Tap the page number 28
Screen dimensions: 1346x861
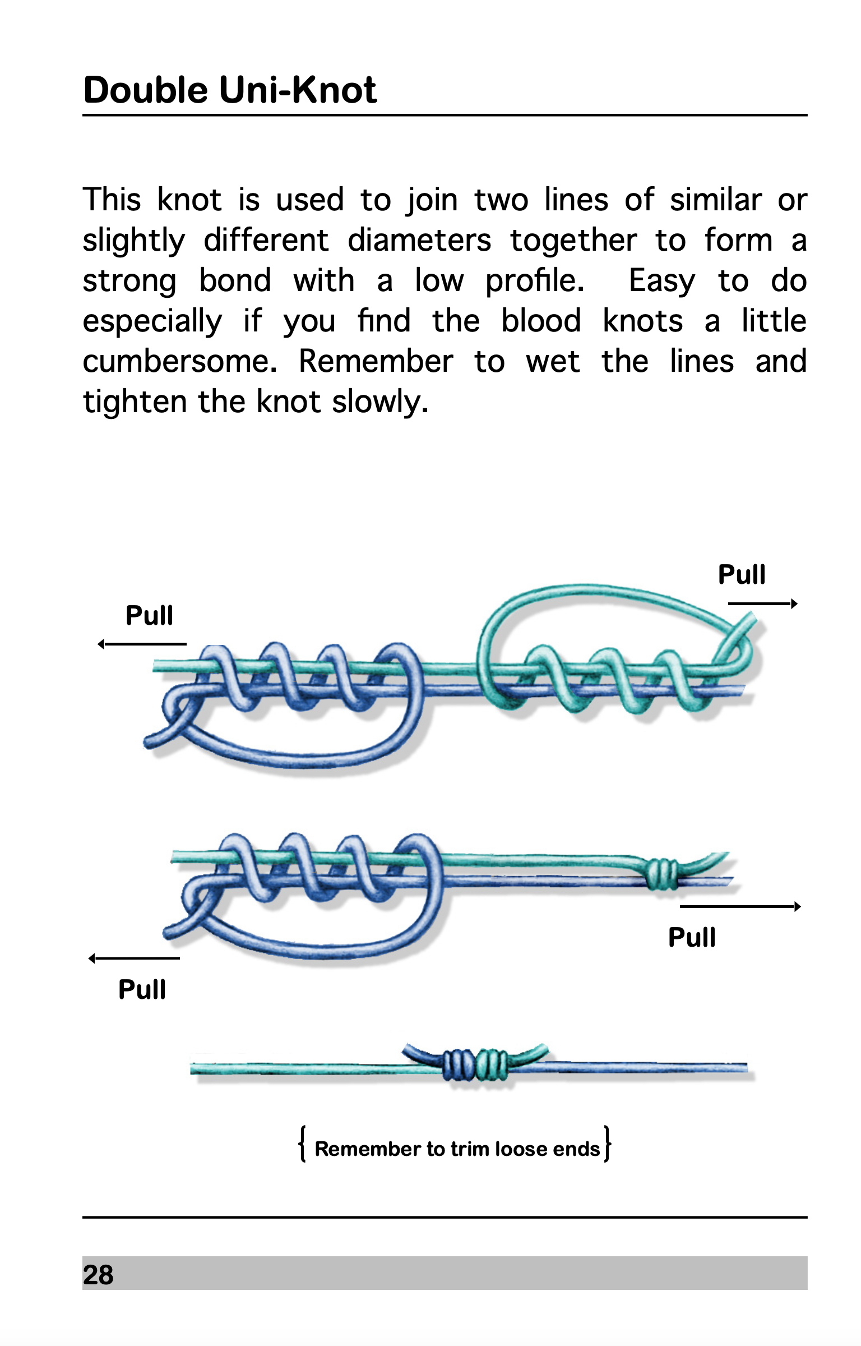(98, 1275)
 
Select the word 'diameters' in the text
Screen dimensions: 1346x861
(419, 241)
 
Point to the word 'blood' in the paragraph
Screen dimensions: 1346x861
(540, 321)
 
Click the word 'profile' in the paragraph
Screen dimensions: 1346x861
(533, 281)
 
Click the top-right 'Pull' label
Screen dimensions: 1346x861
(741, 575)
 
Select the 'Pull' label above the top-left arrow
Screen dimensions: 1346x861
(149, 616)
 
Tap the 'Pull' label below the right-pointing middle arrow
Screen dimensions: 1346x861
(691, 938)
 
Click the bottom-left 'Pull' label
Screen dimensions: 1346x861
(142, 990)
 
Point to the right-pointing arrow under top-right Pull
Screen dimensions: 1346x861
(762, 604)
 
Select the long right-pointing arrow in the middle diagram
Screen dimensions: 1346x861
(740, 906)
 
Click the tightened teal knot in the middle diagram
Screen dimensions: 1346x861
(661, 874)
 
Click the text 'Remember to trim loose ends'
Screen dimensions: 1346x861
(457, 1149)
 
